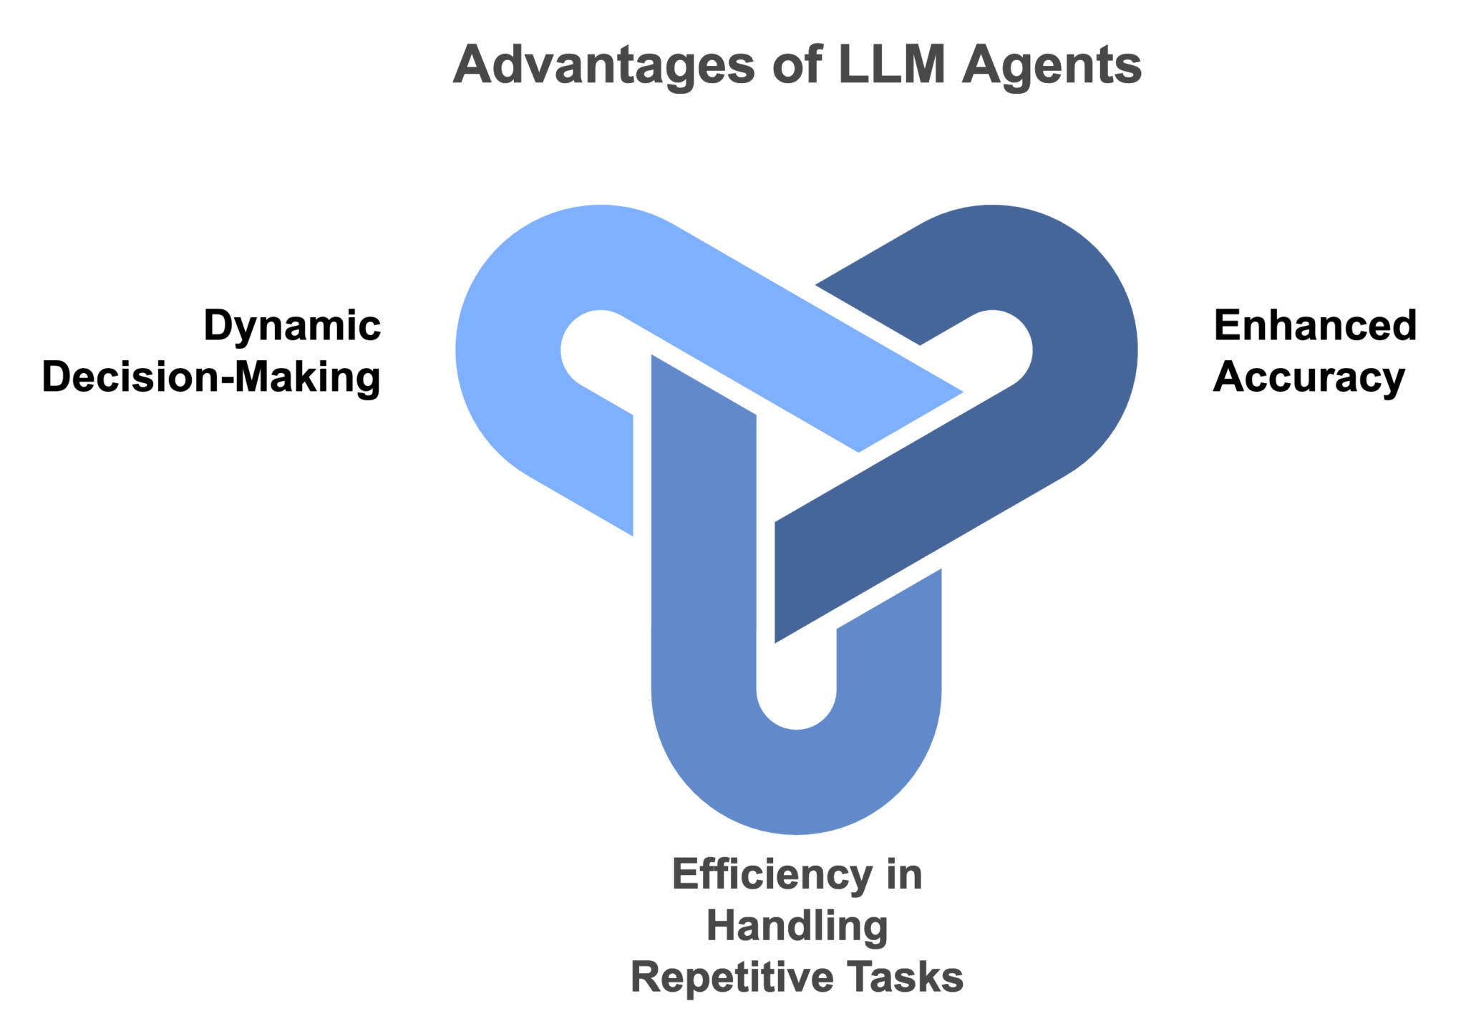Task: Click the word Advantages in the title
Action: (603, 66)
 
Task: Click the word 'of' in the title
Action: (796, 64)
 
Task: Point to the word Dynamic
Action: (292, 327)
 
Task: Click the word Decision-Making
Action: (211, 377)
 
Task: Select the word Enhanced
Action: (1315, 326)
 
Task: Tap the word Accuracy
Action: (1309, 378)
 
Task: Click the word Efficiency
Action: (772, 875)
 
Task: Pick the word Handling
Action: (797, 926)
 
